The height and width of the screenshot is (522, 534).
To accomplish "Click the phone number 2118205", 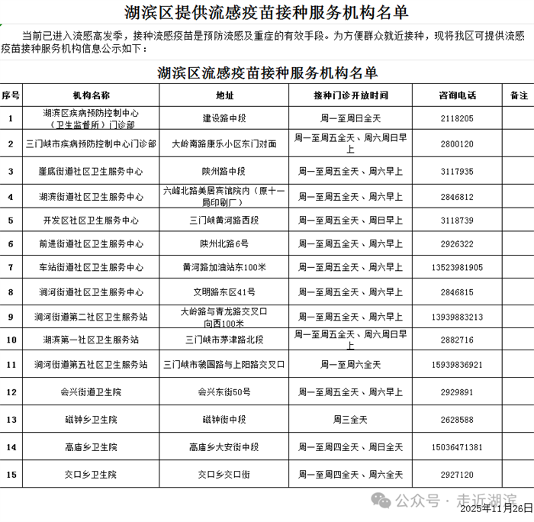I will click(457, 119).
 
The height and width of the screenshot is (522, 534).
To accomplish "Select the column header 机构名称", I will click(91, 95).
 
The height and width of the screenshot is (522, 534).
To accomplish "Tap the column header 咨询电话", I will click(457, 95).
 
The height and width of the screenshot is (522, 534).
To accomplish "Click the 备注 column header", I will click(518, 95).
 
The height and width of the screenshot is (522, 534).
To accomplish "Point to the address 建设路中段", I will click(224, 119).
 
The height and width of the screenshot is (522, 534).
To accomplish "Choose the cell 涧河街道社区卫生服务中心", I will click(91, 292).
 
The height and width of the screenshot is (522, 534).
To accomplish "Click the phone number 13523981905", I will click(457, 268).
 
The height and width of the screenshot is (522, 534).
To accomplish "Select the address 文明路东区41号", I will click(224, 292).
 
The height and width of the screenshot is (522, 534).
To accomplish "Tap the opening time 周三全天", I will click(350, 420).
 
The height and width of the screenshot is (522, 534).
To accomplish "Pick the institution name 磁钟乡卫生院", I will click(91, 420).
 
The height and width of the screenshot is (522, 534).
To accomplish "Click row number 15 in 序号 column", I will click(11, 475).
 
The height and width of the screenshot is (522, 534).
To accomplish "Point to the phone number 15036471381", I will click(457, 447).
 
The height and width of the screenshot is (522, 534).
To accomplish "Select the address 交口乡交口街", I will click(224, 475).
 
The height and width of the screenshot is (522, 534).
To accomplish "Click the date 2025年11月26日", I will click(496, 509).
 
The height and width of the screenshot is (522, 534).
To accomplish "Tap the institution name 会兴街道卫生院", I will click(91, 392).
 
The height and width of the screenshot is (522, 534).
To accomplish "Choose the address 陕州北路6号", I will click(224, 244).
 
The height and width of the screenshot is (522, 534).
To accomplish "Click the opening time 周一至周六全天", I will click(350, 365).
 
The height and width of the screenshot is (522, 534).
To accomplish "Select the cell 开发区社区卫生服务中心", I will click(91, 221).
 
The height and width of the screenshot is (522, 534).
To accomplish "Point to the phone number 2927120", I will click(457, 475).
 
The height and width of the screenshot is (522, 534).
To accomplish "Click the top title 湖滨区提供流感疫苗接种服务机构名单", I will click(266, 12).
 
